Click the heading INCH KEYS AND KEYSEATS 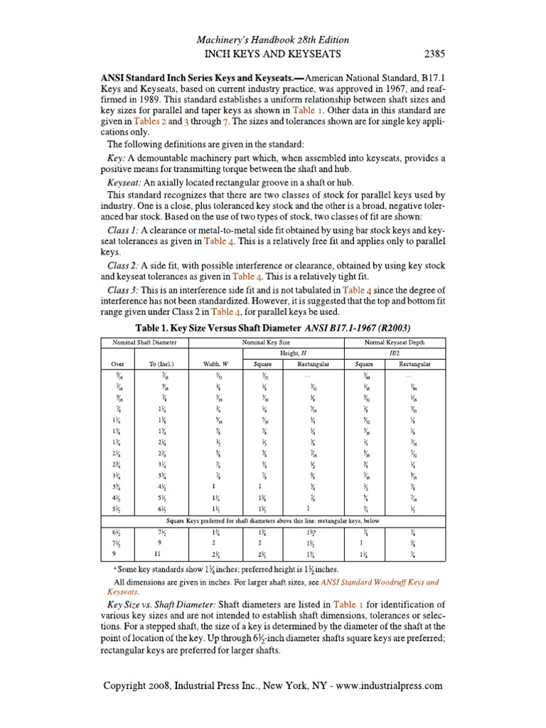(272, 53)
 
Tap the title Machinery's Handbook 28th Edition (273, 38)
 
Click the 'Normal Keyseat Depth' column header (394, 343)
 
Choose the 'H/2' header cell (394, 353)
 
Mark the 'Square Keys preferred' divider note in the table (273, 521)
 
